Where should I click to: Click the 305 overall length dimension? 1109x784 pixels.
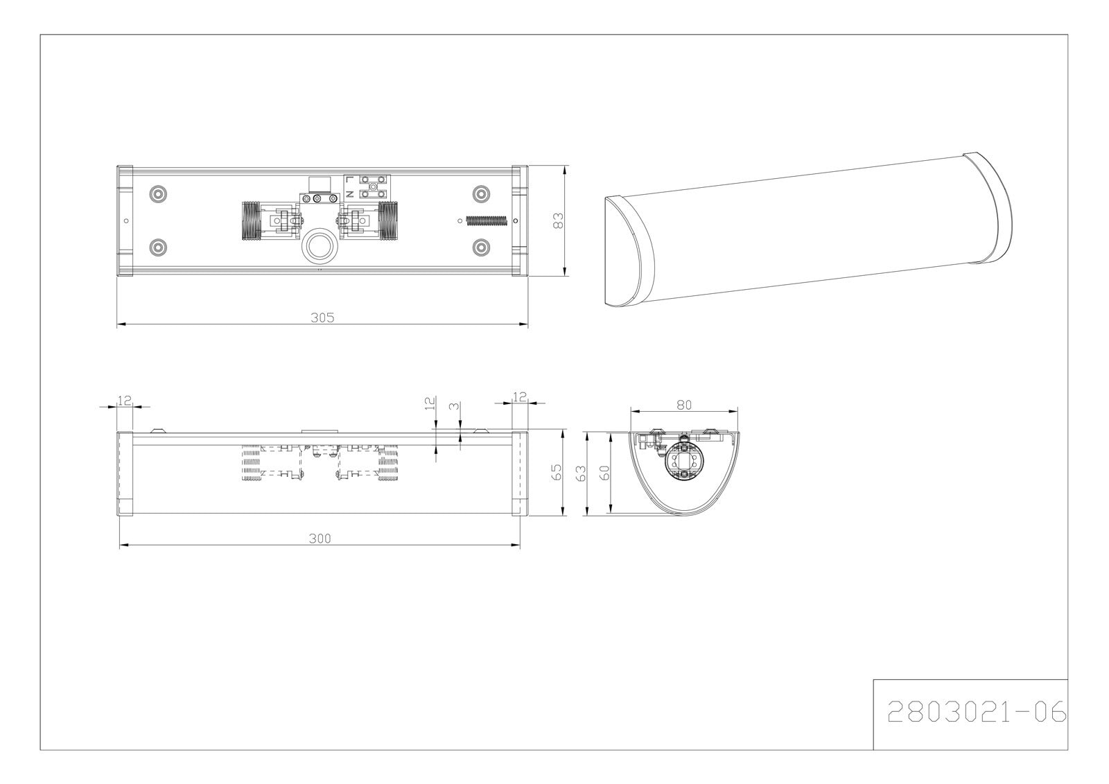click(x=322, y=317)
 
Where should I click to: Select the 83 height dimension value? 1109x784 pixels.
click(x=558, y=220)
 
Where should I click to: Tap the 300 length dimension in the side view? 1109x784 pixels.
click(x=320, y=539)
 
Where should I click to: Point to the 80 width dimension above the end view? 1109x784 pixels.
click(x=683, y=405)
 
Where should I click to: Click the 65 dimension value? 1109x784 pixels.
click(x=557, y=472)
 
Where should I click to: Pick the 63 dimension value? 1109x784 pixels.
click(x=582, y=473)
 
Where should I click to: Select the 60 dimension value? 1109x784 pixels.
click(x=604, y=473)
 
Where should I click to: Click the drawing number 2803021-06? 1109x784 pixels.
click(x=977, y=712)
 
